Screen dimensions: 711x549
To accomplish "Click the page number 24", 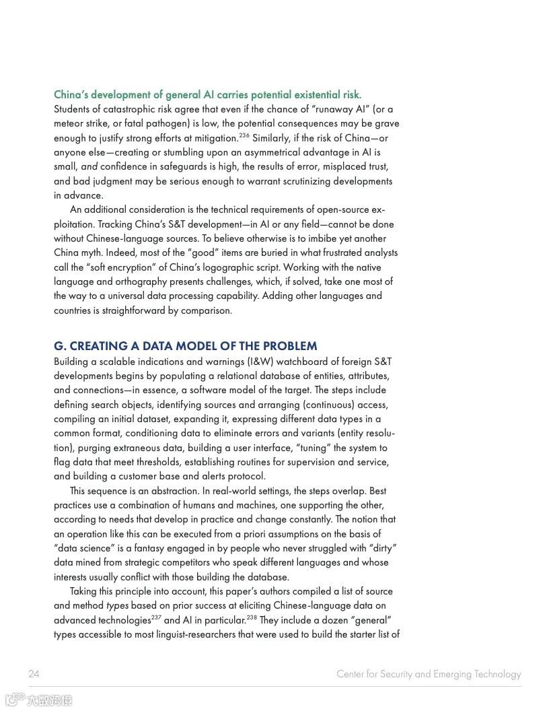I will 34,674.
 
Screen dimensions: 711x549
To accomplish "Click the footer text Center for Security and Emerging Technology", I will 429,674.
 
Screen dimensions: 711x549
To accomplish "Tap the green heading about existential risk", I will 207,95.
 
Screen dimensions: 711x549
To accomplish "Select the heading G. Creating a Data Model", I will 185,346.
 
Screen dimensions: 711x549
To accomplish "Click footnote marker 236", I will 244,136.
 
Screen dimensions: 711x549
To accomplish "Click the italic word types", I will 117,606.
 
